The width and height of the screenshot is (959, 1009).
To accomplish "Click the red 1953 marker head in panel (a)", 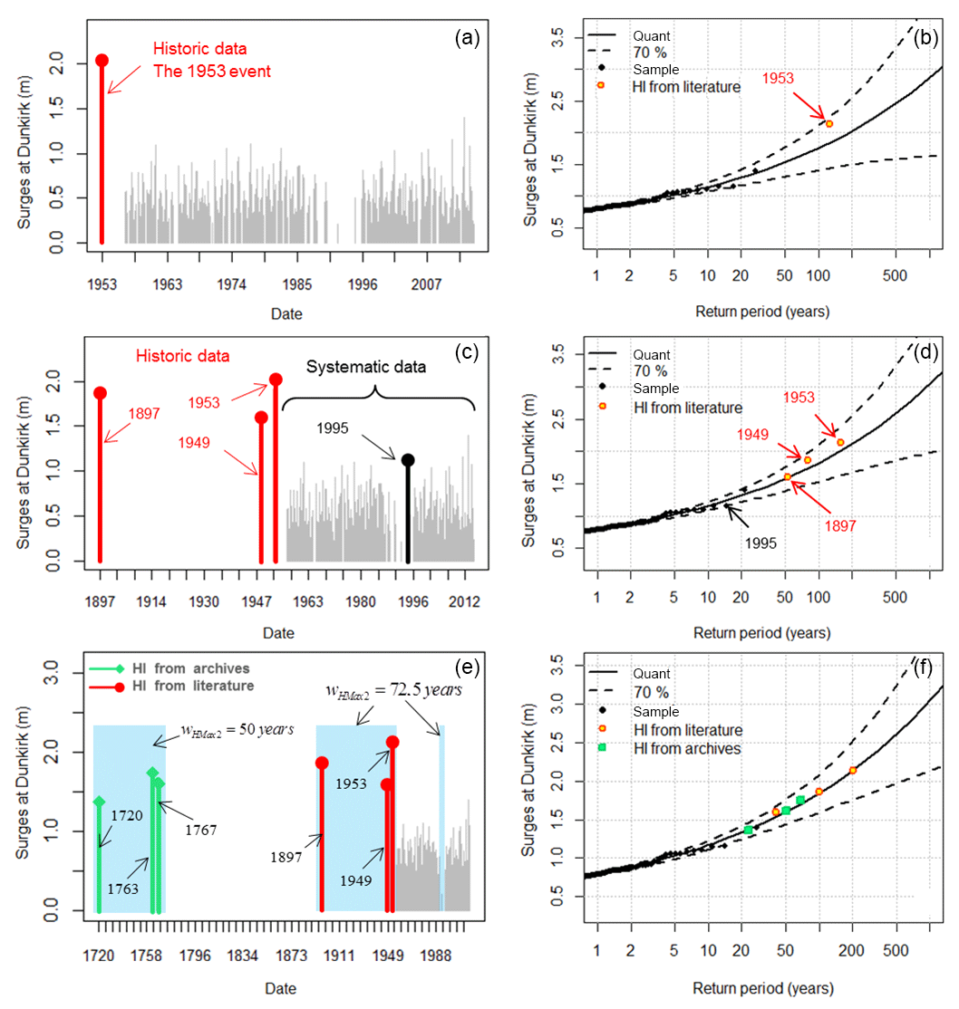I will pyautogui.click(x=102, y=60).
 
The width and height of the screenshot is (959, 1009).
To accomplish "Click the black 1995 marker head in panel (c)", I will pyautogui.click(x=408, y=460).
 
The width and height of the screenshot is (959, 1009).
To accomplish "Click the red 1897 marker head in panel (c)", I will pyautogui.click(x=100, y=393).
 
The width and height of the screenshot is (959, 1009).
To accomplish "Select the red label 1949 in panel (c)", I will pyautogui.click(x=194, y=443).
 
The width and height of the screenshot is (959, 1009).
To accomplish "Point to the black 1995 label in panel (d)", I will pyautogui.click(x=761, y=545).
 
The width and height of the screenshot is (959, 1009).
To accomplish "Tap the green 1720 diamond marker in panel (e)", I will pyautogui.click(x=99, y=802).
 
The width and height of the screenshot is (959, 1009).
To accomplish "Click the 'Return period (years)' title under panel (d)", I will pyautogui.click(x=762, y=634).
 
